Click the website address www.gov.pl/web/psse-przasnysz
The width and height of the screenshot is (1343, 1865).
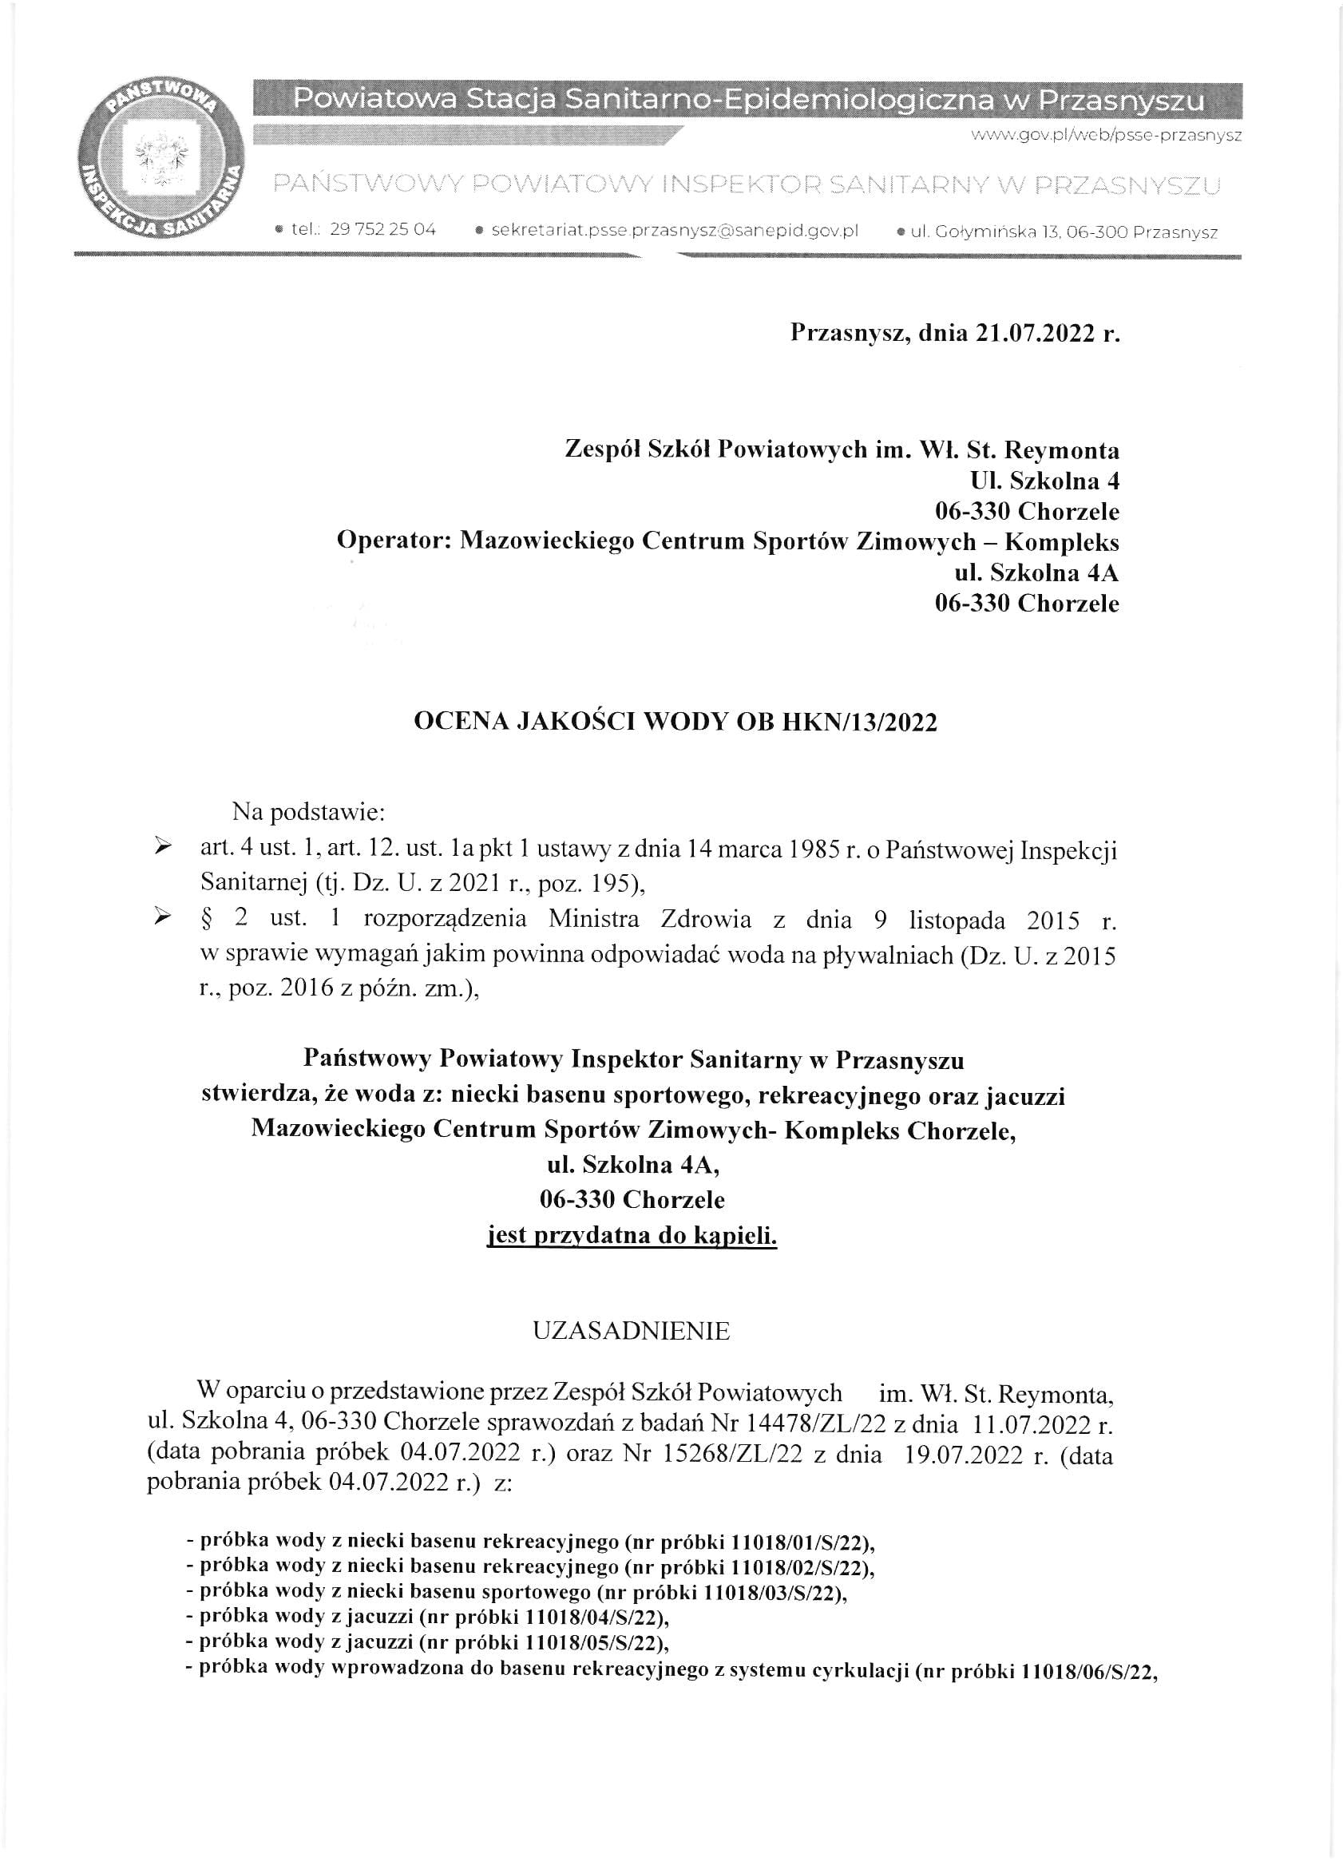[1106, 136]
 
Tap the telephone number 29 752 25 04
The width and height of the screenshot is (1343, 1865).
[382, 229]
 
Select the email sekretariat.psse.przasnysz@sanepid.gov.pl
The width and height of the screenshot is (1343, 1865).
[675, 230]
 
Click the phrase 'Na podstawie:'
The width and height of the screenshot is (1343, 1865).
[308, 813]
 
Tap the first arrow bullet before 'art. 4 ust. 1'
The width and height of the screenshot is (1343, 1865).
[163, 846]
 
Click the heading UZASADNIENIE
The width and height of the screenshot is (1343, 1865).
[631, 1332]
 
